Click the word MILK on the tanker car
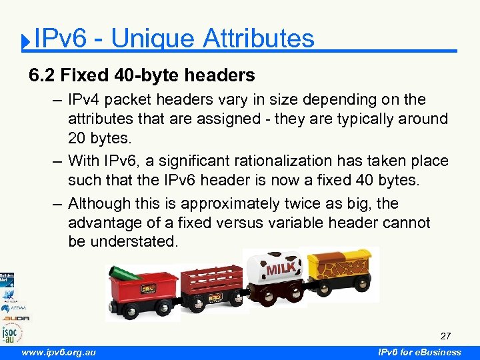point(281,269)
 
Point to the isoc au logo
point(11,331)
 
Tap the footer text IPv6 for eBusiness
point(419,352)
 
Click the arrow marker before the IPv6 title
point(25,43)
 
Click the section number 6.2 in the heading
point(41,75)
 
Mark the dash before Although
point(58,203)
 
